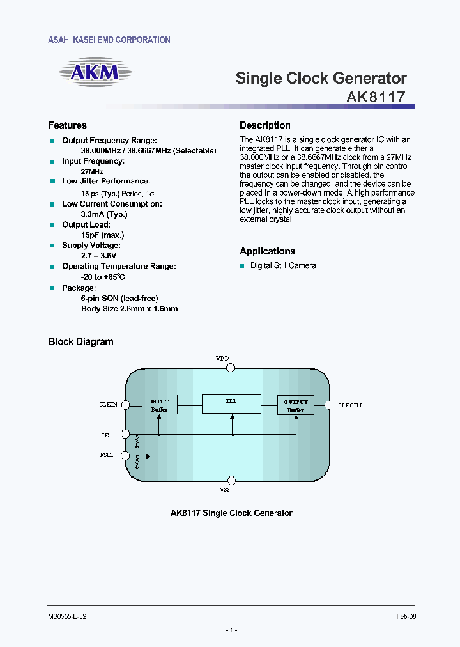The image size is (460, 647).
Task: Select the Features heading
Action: click(68, 125)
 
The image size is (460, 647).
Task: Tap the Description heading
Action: click(265, 125)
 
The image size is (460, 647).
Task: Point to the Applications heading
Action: click(267, 251)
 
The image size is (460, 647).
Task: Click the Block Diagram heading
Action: click(81, 342)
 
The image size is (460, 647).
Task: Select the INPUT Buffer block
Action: click(159, 405)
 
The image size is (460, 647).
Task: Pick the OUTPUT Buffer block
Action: click(295, 405)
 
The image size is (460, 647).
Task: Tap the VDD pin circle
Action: click(231, 368)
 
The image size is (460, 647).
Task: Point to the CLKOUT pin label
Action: click(349, 405)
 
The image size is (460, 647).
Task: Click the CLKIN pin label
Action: click(108, 405)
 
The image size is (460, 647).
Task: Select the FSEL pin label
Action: click(107, 456)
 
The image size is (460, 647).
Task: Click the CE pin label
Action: click(105, 435)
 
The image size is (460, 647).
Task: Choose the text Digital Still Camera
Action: click(283, 265)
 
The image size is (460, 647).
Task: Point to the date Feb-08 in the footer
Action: click(406, 616)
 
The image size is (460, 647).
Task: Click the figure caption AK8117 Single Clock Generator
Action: click(231, 513)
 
